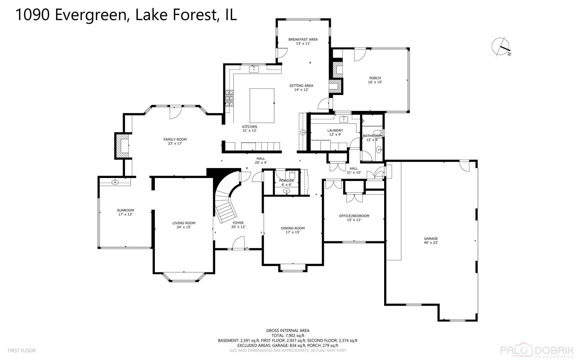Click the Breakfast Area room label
tap(303, 39)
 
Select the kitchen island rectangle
tap(262, 105)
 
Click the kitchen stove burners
tap(229, 98)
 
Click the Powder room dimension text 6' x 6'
tap(286, 185)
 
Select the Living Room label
tap(184, 223)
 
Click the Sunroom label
tap(125, 210)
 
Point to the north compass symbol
tap(501, 47)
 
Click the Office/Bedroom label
tap(354, 216)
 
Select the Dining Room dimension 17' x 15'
tap(292, 232)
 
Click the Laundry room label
tap(335, 130)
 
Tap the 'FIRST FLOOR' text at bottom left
tap(22, 350)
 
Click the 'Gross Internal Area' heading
tap(288, 331)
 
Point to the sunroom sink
tap(115, 182)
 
